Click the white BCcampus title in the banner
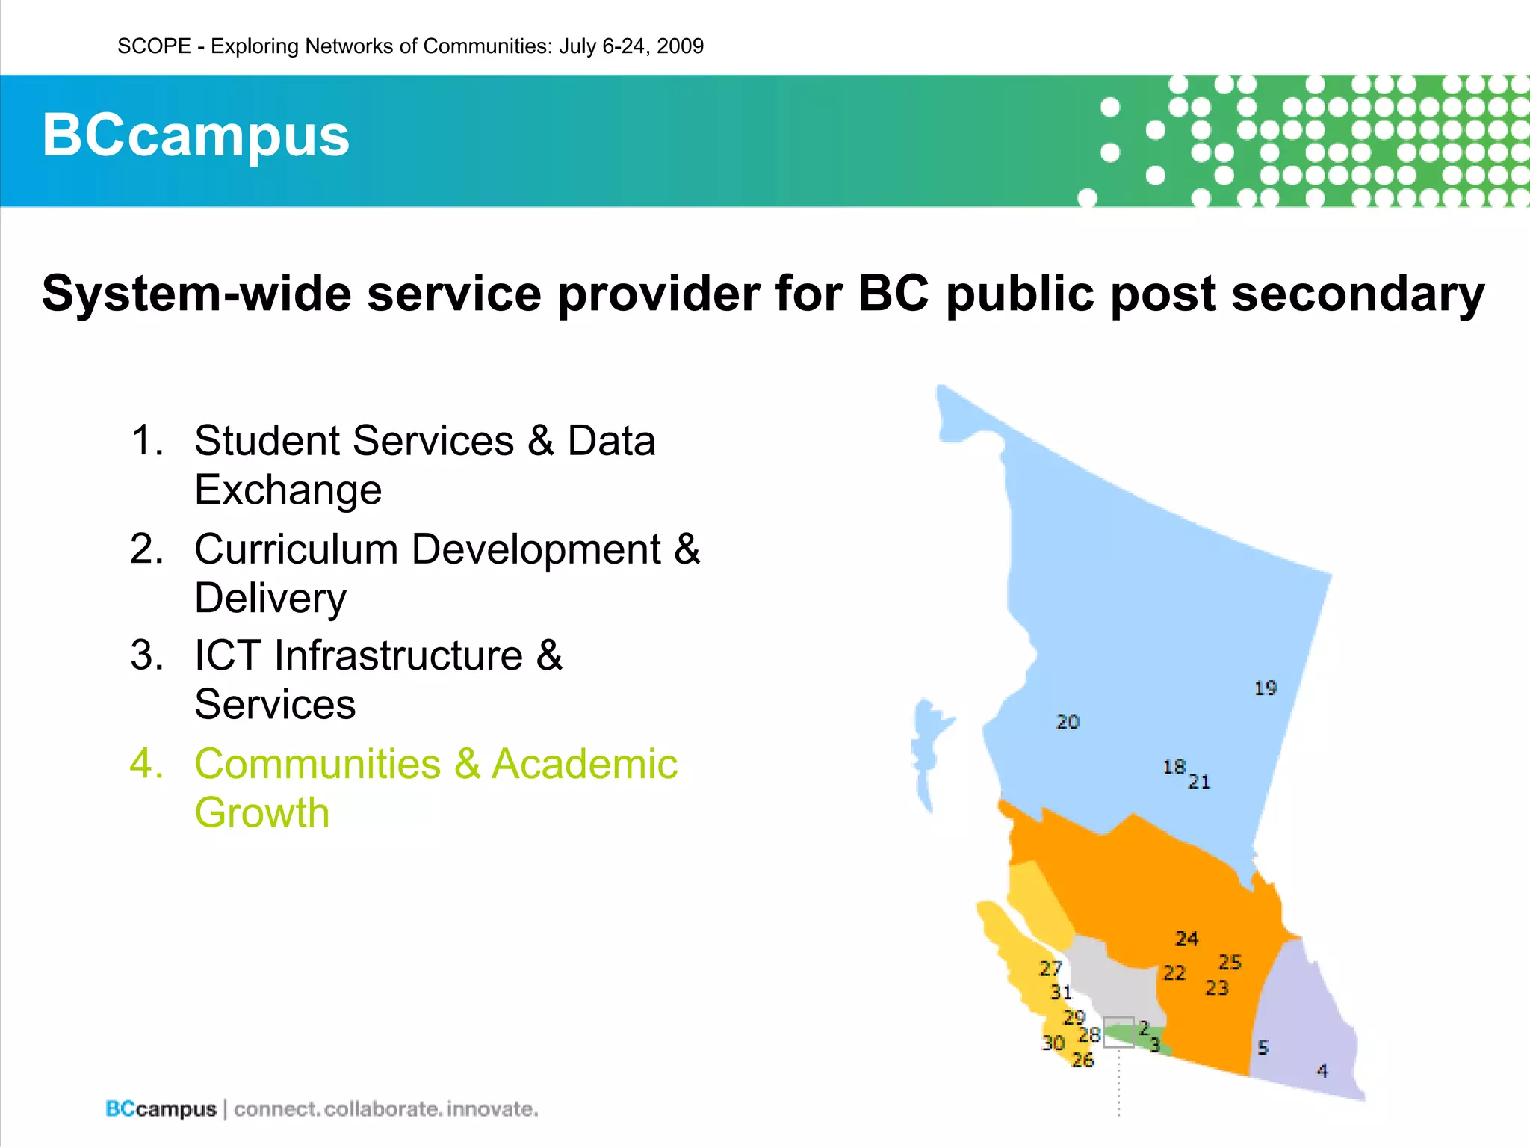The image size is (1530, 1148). (196, 135)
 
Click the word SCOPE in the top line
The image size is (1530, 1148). (154, 46)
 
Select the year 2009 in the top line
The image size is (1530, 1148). (680, 46)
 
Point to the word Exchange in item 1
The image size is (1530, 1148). (288, 490)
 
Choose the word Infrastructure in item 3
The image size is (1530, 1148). (398, 655)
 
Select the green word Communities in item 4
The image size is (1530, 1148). (318, 764)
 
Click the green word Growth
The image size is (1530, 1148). (261, 812)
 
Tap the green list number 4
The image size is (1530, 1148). (146, 764)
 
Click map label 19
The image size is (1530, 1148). (1265, 688)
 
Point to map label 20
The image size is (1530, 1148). (1068, 721)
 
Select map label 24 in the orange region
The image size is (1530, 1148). (1186, 938)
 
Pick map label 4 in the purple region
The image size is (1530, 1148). (1322, 1071)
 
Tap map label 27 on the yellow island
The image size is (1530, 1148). (1050, 969)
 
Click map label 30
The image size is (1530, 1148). (1053, 1043)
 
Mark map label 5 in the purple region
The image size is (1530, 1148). (1263, 1047)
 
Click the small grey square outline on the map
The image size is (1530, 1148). (1118, 1031)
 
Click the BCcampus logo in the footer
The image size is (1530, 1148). (161, 1108)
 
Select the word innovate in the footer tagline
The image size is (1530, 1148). (492, 1108)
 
